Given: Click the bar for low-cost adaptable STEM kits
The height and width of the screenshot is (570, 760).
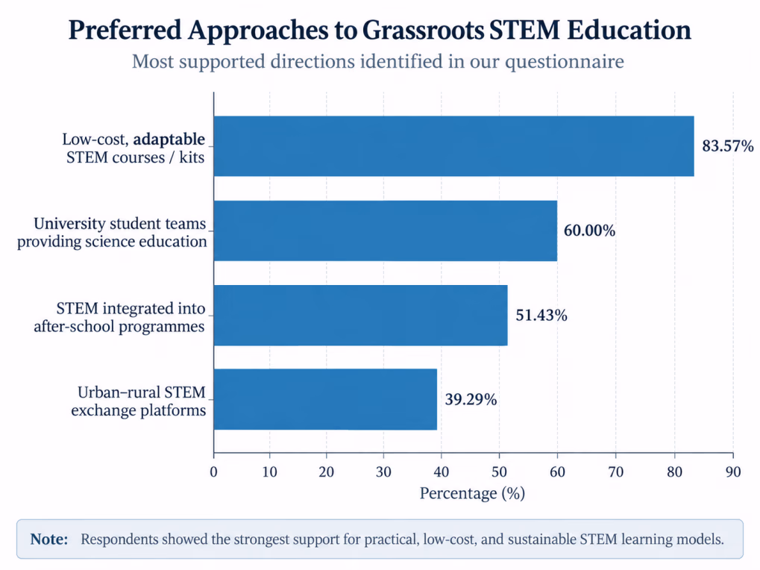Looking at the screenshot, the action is [x=453, y=146].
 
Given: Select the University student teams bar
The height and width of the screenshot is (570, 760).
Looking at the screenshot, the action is [x=386, y=231].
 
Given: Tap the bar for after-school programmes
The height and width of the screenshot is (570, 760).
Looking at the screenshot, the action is [x=361, y=315].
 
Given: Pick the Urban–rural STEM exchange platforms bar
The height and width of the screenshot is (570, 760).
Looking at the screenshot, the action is [x=325, y=399].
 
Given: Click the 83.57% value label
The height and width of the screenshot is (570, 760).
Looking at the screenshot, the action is [x=727, y=146].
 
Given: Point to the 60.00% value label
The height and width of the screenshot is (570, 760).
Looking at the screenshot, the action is [x=589, y=231].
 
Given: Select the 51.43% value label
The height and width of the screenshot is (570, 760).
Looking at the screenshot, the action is [x=541, y=315].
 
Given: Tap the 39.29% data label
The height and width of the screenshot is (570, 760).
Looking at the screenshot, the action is [x=471, y=399].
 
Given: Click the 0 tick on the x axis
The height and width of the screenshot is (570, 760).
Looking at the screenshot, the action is [x=214, y=472].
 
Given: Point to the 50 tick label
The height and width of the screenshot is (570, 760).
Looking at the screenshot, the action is [x=499, y=472].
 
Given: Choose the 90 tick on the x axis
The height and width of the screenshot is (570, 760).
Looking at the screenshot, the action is [x=733, y=472].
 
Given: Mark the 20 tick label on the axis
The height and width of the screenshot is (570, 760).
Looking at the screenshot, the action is [x=326, y=472].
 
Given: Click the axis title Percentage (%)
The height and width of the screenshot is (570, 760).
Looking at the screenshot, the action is [x=472, y=493].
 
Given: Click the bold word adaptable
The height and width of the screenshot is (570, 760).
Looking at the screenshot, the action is [x=169, y=140].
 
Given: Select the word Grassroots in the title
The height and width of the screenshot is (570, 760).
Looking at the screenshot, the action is [x=423, y=30].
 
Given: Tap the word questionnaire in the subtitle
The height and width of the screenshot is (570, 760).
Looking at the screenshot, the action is [x=565, y=62].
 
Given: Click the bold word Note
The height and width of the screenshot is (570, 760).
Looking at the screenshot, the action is [x=49, y=539].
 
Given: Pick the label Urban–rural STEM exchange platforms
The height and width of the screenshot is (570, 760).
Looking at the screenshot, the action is [x=139, y=401].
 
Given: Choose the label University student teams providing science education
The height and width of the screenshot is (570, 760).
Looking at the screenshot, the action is [x=112, y=232].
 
